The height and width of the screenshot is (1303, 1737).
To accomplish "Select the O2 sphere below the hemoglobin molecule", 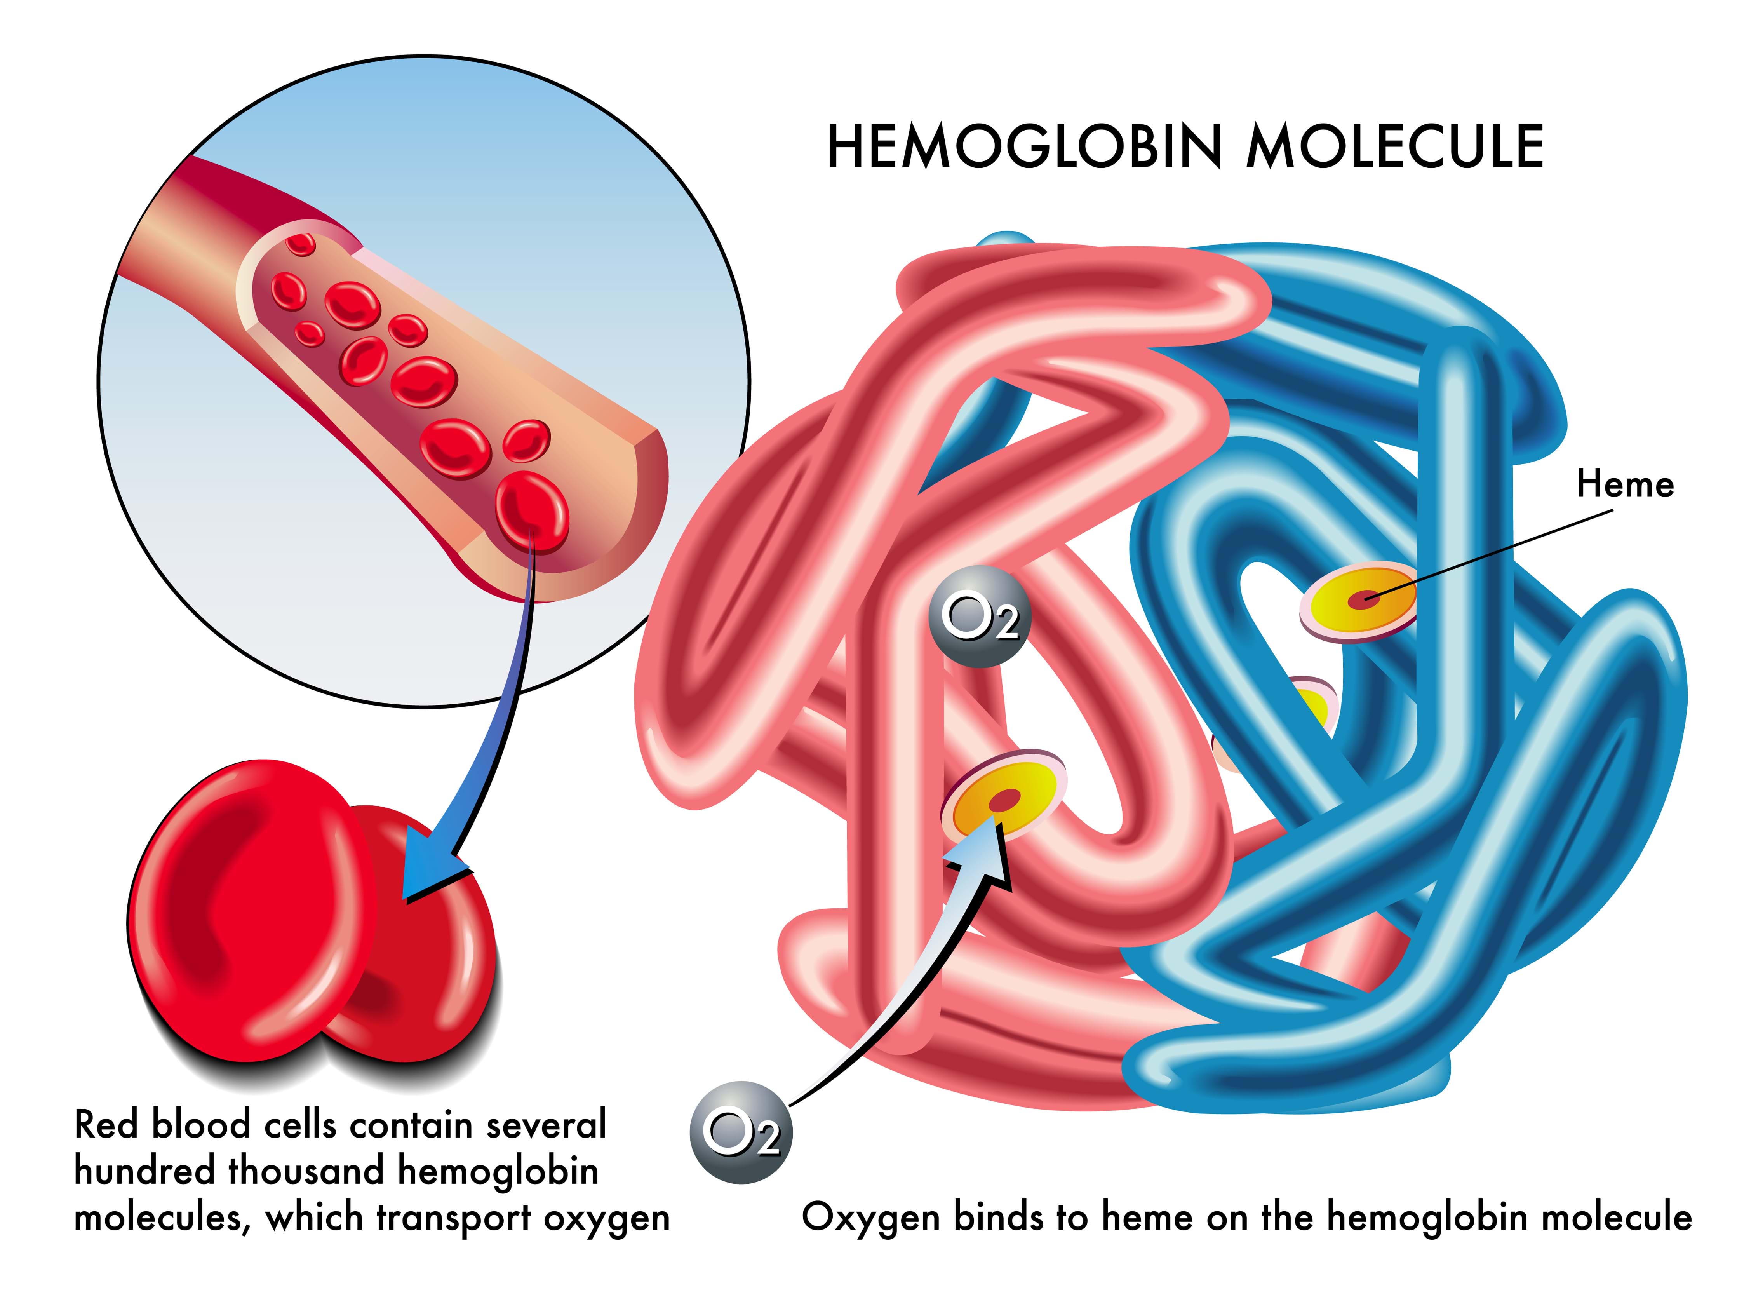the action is pos(740,1132).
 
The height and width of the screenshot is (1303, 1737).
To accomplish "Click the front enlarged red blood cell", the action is pos(250,911).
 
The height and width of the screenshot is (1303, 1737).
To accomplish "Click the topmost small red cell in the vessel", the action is pos(301,244).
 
